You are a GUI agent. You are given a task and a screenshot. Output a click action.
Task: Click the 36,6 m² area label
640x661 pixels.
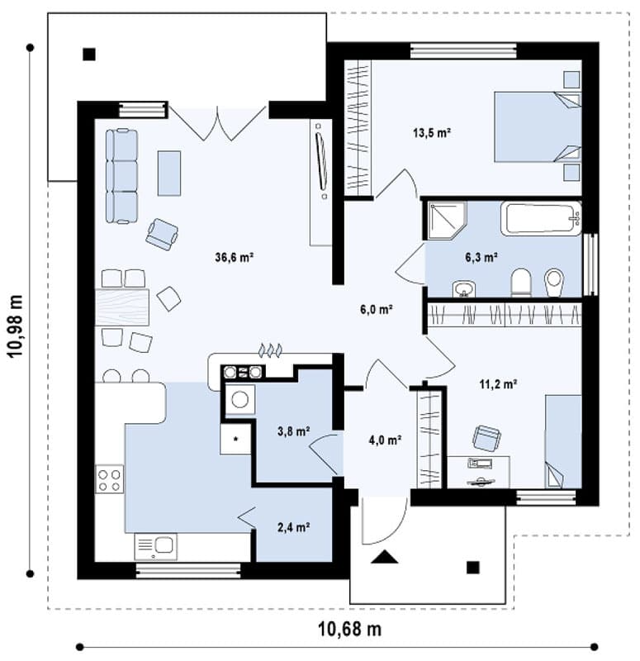pyautogui.click(x=234, y=257)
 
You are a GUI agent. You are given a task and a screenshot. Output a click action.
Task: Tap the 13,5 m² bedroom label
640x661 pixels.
pyautogui.click(x=432, y=133)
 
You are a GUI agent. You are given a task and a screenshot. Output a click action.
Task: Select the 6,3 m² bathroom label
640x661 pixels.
pyautogui.click(x=481, y=257)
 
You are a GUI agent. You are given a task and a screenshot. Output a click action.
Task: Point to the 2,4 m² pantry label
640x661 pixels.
pyautogui.click(x=294, y=527)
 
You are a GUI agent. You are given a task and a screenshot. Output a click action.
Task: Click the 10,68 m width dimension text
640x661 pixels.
pyautogui.click(x=349, y=630)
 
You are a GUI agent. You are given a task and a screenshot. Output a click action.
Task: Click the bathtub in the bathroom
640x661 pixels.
pyautogui.click(x=541, y=218)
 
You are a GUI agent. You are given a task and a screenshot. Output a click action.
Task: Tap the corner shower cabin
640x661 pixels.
pyautogui.click(x=447, y=221)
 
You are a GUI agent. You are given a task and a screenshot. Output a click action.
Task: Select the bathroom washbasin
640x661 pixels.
pyautogui.click(x=464, y=289)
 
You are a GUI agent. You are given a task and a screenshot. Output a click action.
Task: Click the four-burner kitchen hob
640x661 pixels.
pyautogui.click(x=110, y=479)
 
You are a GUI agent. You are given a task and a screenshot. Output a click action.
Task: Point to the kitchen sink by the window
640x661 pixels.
pyautogui.click(x=155, y=546)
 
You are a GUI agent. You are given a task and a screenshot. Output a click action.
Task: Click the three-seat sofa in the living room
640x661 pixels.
pyautogui.click(x=121, y=176)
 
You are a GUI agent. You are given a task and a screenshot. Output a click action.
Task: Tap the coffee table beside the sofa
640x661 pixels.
pyautogui.click(x=169, y=174)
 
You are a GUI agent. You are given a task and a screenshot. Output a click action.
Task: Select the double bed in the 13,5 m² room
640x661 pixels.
pyautogui.click(x=538, y=127)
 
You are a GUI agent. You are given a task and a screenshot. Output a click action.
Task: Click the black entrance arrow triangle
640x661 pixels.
pyautogui.click(x=384, y=557)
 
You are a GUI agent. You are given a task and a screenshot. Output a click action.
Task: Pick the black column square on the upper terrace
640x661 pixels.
pyautogui.click(x=89, y=55)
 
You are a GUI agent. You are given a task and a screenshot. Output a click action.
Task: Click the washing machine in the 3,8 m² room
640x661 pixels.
pyautogui.click(x=240, y=399)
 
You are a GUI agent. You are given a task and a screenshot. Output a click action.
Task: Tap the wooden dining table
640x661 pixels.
pyautogui.click(x=122, y=307)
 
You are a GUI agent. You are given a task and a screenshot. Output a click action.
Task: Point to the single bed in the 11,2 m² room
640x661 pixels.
pyautogui.click(x=564, y=441)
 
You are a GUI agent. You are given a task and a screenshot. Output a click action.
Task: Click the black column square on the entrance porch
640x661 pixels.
pyautogui.click(x=473, y=568)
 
